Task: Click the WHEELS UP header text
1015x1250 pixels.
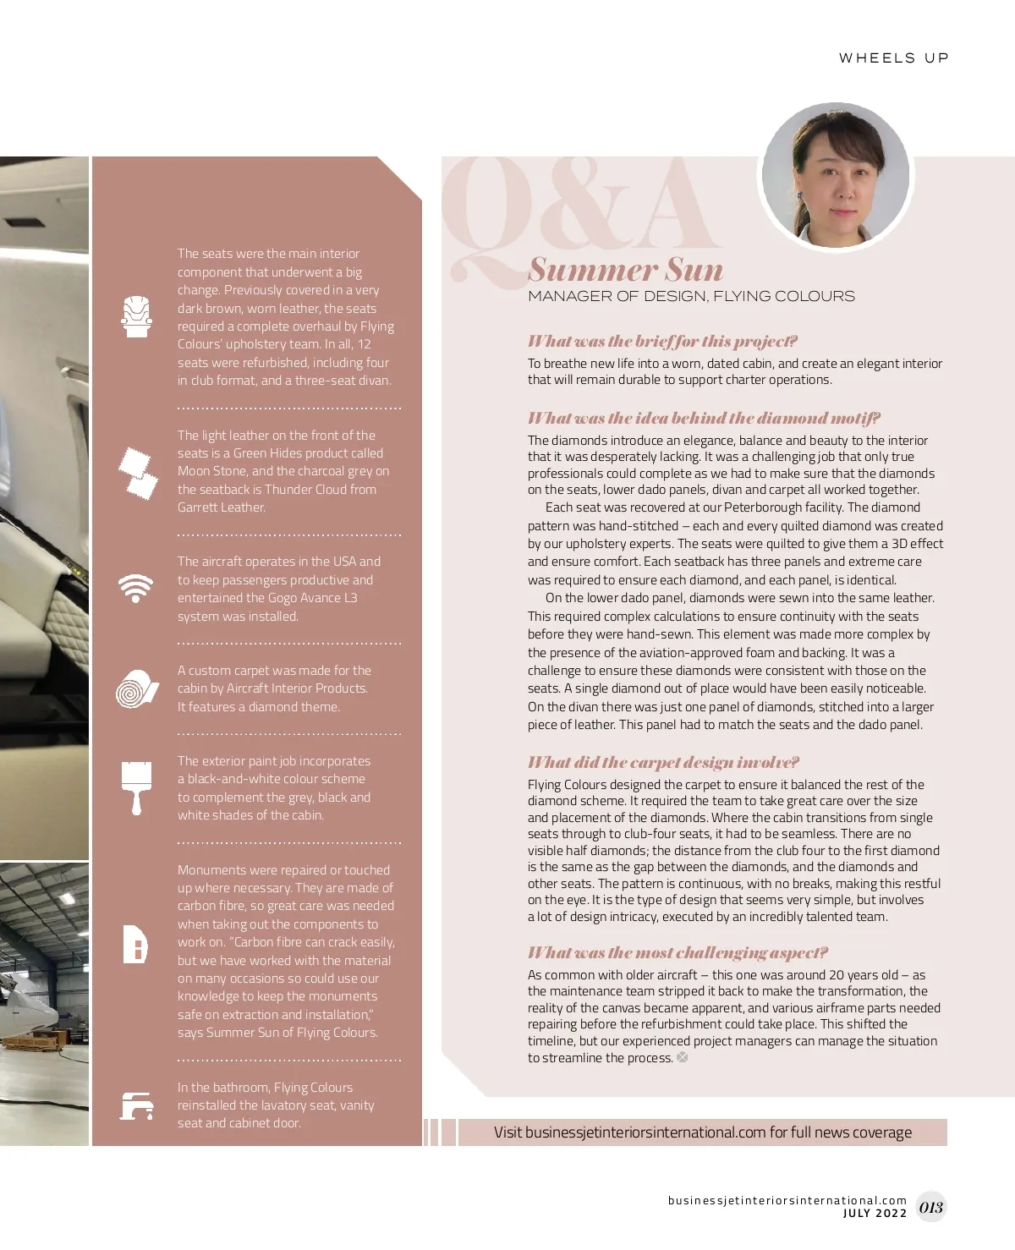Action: coord(893,58)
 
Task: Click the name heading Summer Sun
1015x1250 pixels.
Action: coord(626,270)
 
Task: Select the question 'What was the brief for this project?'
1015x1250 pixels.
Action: coord(662,342)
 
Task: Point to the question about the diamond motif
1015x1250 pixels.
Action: coord(704,419)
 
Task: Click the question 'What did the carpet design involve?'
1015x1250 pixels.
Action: coord(663,763)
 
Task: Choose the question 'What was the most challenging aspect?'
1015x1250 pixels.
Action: coord(678,953)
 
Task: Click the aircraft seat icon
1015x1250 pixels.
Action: coord(135,317)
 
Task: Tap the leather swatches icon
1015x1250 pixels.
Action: coord(137,472)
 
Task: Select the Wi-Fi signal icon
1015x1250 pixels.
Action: coord(135,588)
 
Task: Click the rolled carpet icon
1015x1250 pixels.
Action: coord(136,688)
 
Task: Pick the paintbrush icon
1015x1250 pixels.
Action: coord(136,787)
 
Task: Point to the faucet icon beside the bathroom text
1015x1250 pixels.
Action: coord(135,1105)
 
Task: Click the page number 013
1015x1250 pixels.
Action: coord(930,1208)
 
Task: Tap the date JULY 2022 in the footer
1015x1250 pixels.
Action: coord(875,1214)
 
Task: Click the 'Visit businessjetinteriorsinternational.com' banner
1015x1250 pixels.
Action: coord(702,1132)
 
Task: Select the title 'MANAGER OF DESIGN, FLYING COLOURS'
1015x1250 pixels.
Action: coord(691,296)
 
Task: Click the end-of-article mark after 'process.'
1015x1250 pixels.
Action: coord(683,1057)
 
